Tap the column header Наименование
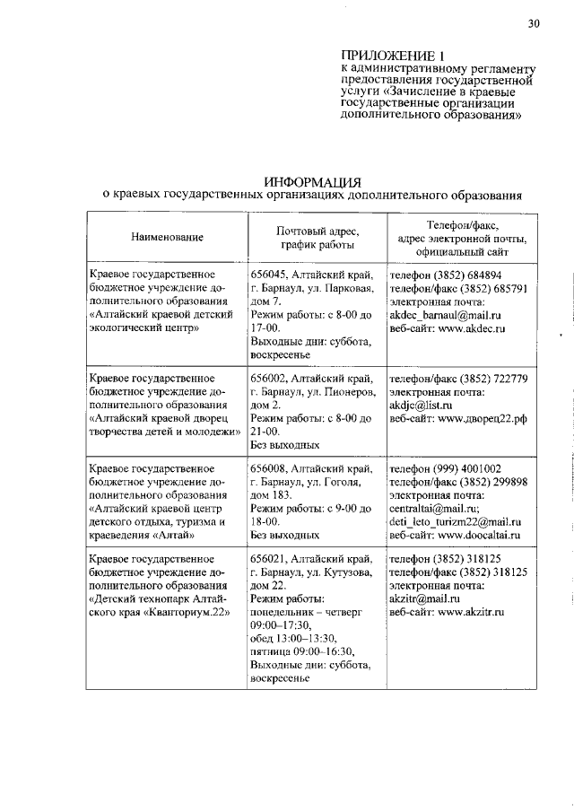166,237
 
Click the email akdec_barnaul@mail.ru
445,316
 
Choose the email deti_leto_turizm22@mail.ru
455,522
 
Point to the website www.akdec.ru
473,329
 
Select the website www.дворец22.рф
483,419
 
